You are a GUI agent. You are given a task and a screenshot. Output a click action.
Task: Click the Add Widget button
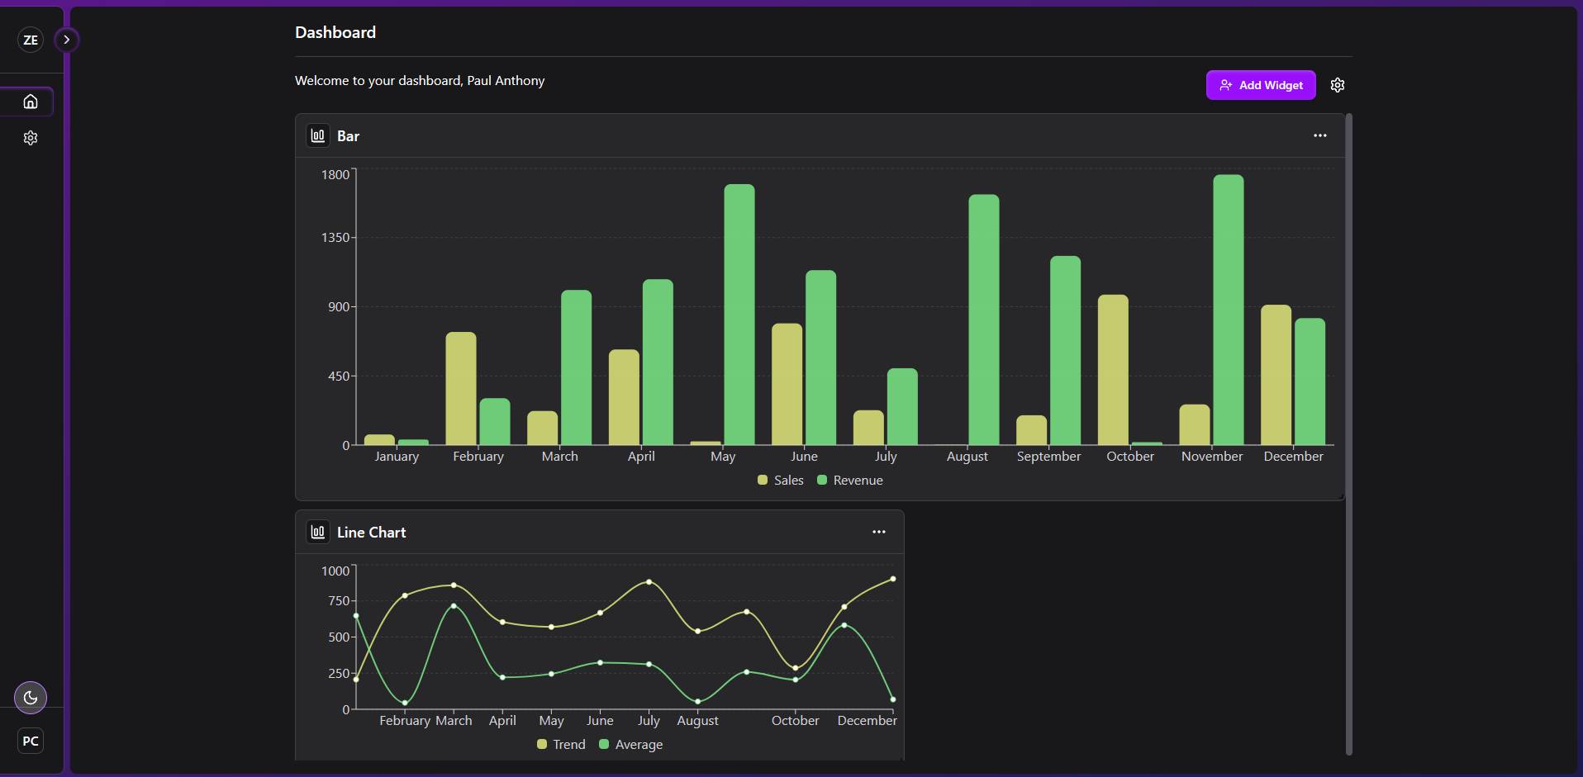click(x=1260, y=85)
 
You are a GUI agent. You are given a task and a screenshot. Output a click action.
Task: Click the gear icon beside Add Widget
click(x=1338, y=85)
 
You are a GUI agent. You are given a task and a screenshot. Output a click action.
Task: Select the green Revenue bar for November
click(x=1228, y=310)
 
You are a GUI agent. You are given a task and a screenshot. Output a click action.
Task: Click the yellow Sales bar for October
click(x=1113, y=370)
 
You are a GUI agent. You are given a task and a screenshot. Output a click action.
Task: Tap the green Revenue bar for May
click(x=739, y=315)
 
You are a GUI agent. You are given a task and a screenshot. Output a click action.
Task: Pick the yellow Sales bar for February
click(x=461, y=388)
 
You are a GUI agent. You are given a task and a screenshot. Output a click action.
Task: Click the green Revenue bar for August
click(x=983, y=320)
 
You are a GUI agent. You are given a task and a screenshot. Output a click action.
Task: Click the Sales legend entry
click(x=781, y=481)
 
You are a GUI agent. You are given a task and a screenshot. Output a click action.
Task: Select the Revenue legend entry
click(x=850, y=481)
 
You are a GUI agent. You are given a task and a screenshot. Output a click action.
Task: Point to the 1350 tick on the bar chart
click(x=335, y=238)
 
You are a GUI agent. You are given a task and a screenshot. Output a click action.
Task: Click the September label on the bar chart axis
click(x=1048, y=457)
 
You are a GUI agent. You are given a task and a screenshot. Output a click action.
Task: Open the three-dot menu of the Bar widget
click(x=1319, y=135)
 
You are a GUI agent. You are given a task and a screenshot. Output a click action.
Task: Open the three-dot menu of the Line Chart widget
click(x=878, y=532)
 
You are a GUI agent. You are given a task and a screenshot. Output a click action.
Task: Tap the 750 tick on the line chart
click(x=339, y=601)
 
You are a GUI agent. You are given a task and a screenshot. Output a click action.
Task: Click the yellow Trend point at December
click(x=893, y=579)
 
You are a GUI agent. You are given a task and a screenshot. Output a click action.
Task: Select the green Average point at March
click(x=454, y=606)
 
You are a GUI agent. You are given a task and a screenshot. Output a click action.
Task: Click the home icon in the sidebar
click(x=31, y=102)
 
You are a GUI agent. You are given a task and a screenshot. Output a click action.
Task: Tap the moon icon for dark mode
click(x=31, y=698)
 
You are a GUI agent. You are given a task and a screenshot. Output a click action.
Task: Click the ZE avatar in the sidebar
click(x=31, y=40)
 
